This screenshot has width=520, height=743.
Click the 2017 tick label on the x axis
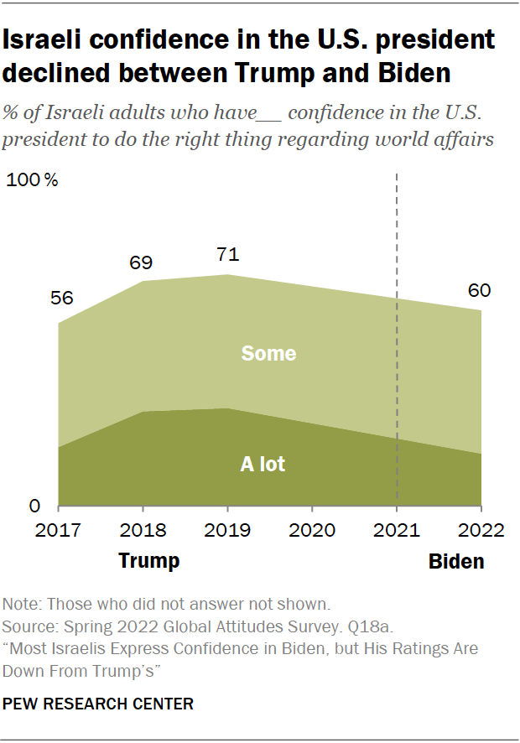pos(58,530)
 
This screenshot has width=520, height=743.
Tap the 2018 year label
pos(143,530)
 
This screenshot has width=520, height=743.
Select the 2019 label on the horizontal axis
pos(227,530)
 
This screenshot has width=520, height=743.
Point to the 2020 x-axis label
pos(312,530)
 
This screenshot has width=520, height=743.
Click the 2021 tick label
pos(396,530)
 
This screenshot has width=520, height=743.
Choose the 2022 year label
pos(481,530)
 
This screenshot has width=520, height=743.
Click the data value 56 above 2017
pos(62,299)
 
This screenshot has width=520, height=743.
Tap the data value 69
pos(141,262)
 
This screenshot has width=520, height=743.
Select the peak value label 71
pos(226,255)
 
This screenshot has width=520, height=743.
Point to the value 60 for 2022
pos(480,291)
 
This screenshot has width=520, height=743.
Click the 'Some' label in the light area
pos(268,353)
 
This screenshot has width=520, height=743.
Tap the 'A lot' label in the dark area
pos(263,463)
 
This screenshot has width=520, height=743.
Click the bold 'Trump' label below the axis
pos(148,560)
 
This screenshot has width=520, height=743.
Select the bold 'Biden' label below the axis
pos(456,561)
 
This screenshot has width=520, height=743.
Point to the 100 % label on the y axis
pos(33,180)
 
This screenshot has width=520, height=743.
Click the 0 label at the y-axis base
pos(35,507)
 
